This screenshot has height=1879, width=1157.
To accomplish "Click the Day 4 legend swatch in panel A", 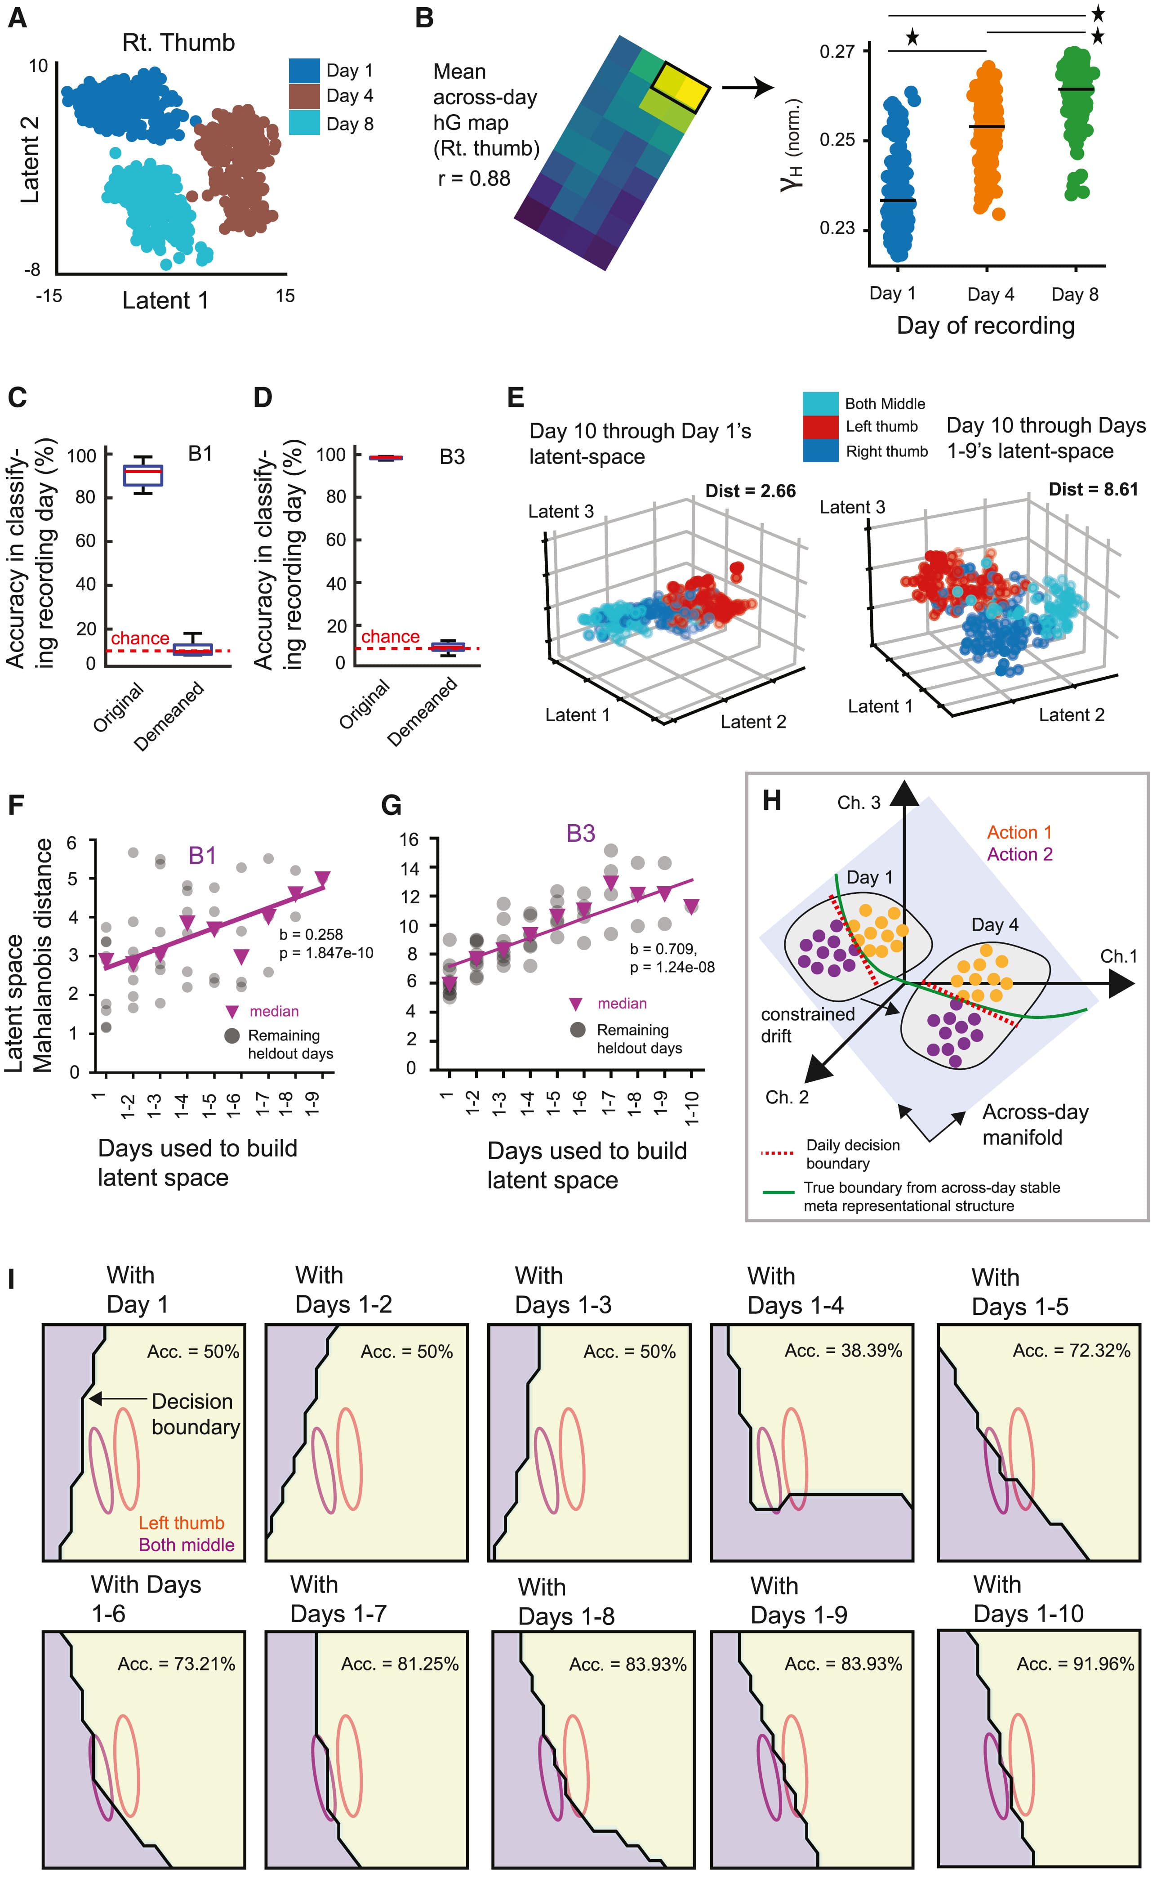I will pyautogui.click(x=304, y=96).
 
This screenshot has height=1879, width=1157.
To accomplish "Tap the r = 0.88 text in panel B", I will pyautogui.click(x=474, y=179).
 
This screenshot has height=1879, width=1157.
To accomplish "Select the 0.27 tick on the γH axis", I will pyautogui.click(x=837, y=52).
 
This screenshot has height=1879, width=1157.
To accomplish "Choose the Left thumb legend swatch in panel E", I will pyautogui.click(x=820, y=427).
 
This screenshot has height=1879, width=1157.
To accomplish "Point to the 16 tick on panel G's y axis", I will pyautogui.click(x=409, y=839).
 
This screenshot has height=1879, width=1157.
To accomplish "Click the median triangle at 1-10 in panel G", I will pyautogui.click(x=692, y=907).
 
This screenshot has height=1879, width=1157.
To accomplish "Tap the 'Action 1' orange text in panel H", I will pyautogui.click(x=1019, y=832).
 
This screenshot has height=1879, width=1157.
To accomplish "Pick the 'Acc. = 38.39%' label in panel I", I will pyautogui.click(x=843, y=1351).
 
